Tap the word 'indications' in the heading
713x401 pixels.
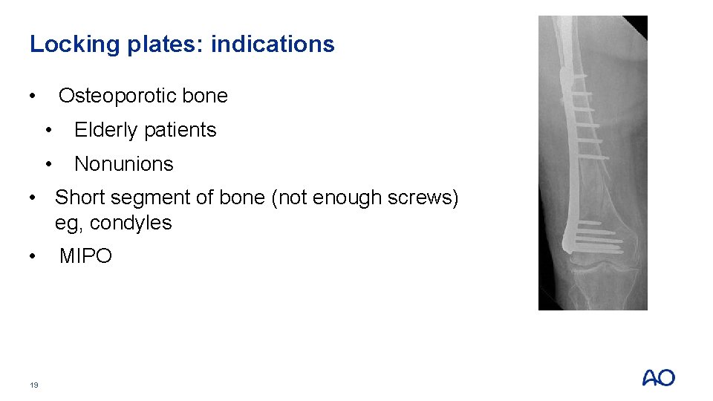pyautogui.click(x=273, y=45)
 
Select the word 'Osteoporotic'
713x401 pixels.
pyautogui.click(x=117, y=96)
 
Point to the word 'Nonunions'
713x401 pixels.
pyautogui.click(x=123, y=164)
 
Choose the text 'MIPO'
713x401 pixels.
pyautogui.click(x=85, y=256)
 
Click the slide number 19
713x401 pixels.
pyautogui.click(x=34, y=385)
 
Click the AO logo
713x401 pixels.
pyautogui.click(x=658, y=378)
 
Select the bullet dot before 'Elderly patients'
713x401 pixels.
pyautogui.click(x=48, y=131)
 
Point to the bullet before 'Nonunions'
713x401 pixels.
pyautogui.click(x=48, y=165)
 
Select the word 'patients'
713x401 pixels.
pyautogui.click(x=182, y=130)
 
